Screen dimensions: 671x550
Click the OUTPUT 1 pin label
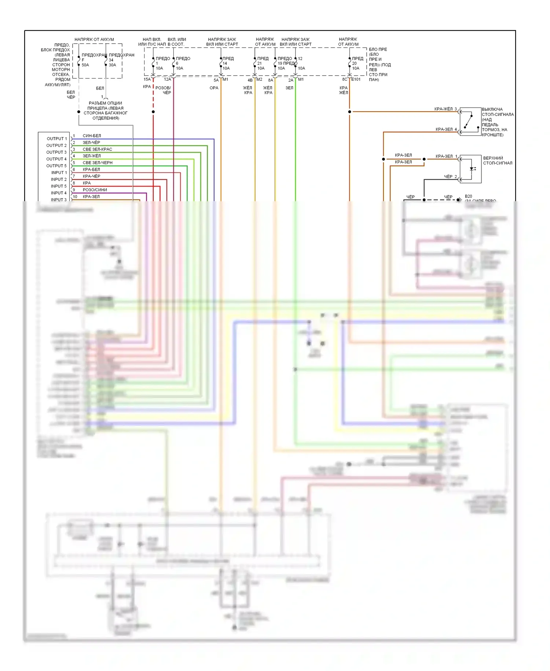point(57,139)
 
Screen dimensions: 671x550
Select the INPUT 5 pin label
point(59,186)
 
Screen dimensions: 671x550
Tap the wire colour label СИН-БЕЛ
point(92,136)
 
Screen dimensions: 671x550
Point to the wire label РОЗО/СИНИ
point(95,190)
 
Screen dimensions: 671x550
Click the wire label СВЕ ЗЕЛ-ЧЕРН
point(98,163)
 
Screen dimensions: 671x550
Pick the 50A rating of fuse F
point(85,65)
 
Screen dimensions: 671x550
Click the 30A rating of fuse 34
point(112,65)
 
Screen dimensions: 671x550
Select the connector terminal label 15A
point(147,79)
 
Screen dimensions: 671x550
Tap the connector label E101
point(356,79)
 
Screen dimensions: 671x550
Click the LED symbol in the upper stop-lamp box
point(472,169)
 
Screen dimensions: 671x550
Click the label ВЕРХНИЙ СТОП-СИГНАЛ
point(497,160)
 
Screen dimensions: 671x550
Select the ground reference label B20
point(468,196)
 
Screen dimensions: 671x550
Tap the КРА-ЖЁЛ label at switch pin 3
point(443,109)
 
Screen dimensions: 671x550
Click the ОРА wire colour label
point(214,88)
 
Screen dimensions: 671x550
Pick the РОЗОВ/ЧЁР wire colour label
point(163,90)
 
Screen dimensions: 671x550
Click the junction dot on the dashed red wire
point(153,112)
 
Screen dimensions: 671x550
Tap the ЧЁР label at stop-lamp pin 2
point(448,177)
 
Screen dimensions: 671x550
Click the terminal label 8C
point(345,79)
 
